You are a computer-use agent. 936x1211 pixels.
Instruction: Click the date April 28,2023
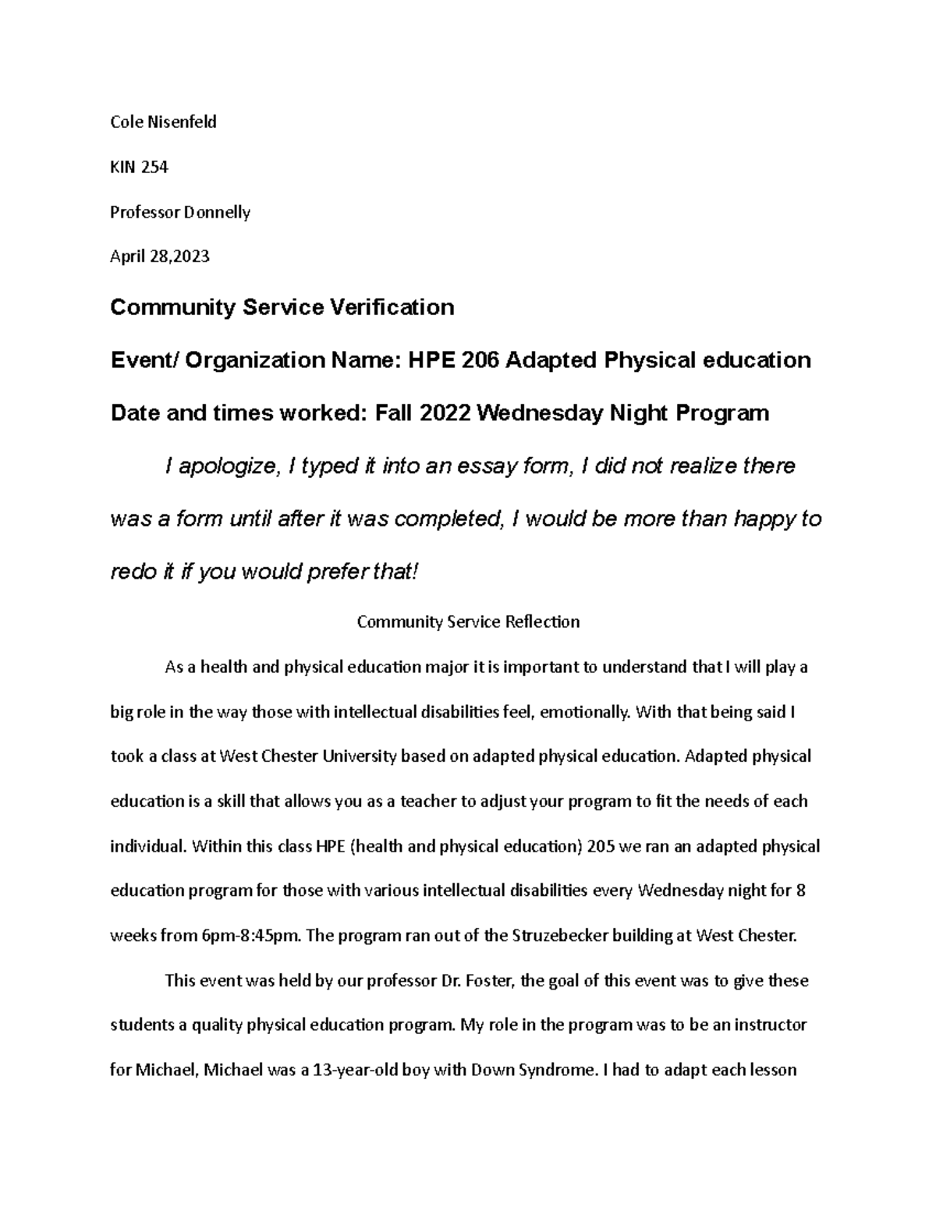160,257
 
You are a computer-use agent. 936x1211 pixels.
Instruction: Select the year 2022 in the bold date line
445,413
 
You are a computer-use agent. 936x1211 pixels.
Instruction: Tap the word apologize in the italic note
229,466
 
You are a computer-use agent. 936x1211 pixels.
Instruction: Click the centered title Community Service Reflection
468,622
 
